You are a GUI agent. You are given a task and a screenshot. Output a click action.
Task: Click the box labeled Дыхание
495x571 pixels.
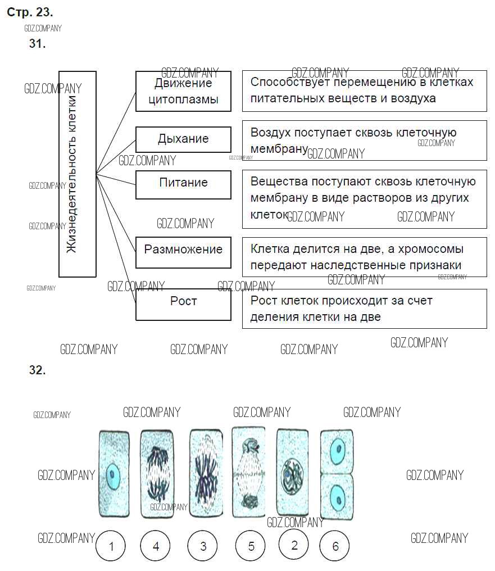pos(183,139)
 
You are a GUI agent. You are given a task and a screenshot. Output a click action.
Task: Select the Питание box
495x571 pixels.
pos(183,184)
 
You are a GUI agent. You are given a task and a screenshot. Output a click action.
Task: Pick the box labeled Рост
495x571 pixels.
pos(183,303)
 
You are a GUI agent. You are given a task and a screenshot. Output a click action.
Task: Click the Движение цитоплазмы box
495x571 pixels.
pos(183,91)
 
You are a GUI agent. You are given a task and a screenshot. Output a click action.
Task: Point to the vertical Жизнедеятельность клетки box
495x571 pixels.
pos(78,174)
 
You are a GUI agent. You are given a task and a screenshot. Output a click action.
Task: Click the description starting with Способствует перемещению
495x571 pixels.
pos(364,90)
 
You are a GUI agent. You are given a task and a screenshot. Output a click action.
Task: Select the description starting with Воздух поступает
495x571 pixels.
pos(364,140)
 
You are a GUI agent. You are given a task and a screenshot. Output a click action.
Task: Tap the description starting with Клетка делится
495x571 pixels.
pos(364,257)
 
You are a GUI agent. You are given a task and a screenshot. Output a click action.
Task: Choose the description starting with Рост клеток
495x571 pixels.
pos(364,309)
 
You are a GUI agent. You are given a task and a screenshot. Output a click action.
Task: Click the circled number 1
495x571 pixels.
pos(112,546)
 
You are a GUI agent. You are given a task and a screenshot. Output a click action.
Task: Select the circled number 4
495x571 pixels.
pos(156,546)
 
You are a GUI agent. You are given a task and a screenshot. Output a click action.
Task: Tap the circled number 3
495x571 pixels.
pos(203,546)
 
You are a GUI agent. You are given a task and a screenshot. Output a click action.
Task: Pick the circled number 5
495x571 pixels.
pos(251,546)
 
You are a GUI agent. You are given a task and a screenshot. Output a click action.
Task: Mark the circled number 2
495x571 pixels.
pos(294,545)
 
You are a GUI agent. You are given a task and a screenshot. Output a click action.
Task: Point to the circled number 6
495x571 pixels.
pos(335,546)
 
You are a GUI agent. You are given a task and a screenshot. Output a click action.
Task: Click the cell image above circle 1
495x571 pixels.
pos(114,474)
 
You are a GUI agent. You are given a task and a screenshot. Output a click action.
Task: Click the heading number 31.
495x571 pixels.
pos(37,44)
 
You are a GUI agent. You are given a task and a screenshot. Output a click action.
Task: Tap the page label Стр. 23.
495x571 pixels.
pos(30,12)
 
